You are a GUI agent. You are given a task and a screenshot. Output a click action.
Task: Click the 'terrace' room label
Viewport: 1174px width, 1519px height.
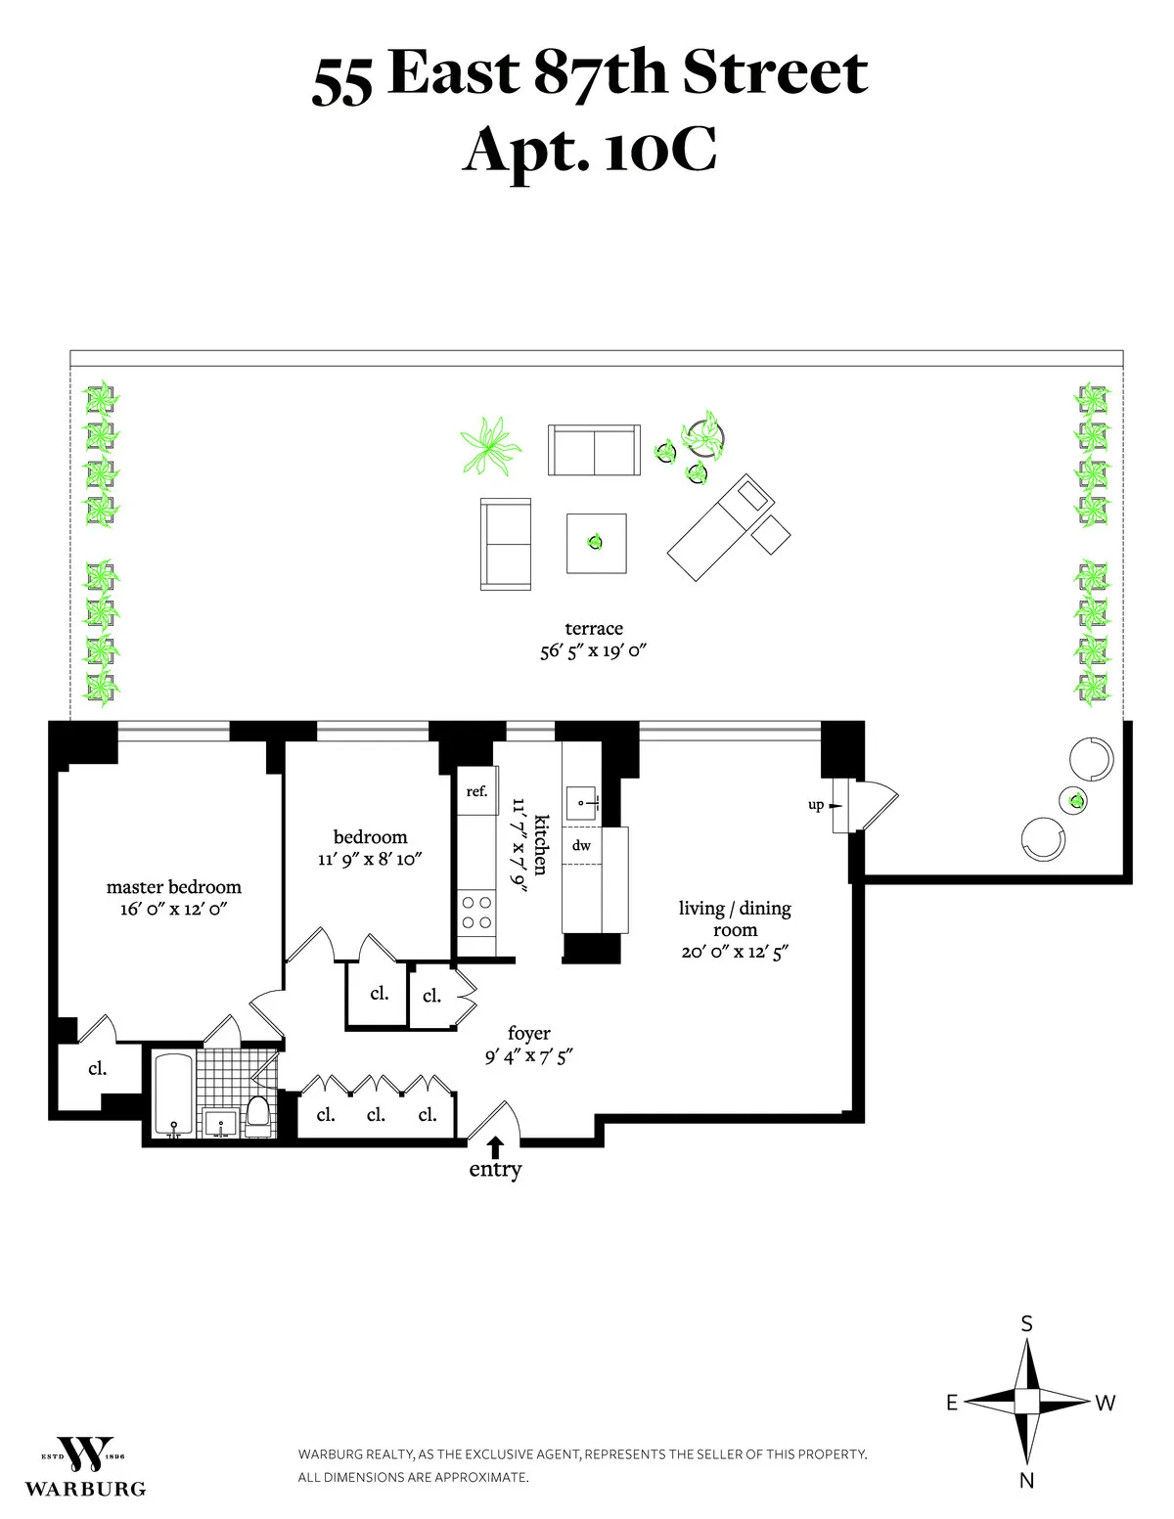(x=593, y=629)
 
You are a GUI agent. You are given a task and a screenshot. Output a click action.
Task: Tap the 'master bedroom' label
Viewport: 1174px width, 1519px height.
(x=173, y=887)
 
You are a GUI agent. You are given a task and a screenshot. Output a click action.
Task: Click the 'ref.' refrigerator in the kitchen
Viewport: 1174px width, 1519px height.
(x=476, y=792)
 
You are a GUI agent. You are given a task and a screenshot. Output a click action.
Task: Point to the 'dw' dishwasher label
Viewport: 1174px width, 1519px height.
(x=581, y=845)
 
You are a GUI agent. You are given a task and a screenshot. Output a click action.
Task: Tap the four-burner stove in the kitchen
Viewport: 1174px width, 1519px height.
(x=476, y=912)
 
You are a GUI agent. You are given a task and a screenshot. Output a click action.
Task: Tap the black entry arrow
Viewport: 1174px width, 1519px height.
(x=495, y=1145)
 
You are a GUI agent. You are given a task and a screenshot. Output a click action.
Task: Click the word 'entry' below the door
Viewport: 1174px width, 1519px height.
(x=495, y=1169)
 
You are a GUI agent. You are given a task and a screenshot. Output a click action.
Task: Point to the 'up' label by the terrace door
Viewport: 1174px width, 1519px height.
(x=815, y=805)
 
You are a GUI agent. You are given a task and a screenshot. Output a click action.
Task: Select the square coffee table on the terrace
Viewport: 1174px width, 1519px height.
(x=596, y=542)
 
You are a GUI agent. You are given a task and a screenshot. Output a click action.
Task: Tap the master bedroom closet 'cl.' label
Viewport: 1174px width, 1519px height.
(x=97, y=1068)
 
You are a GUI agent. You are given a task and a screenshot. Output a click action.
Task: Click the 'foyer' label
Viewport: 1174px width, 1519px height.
(x=528, y=1033)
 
